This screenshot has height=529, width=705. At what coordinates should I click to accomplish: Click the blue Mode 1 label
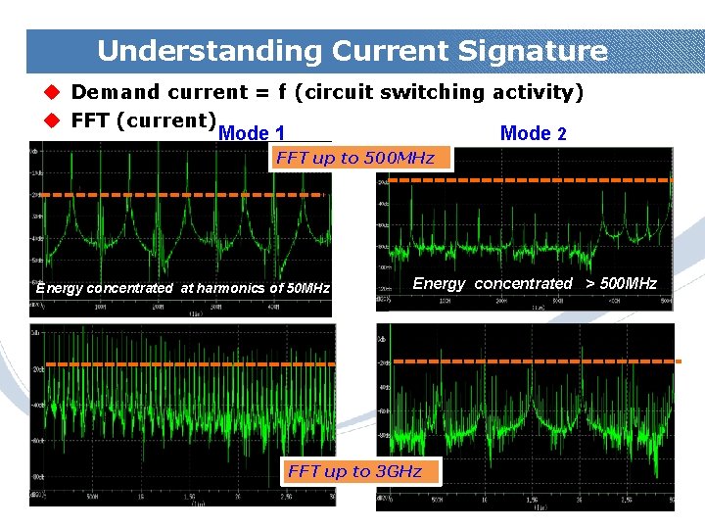pyautogui.click(x=252, y=134)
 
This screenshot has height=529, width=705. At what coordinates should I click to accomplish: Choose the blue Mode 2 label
pyautogui.click(x=533, y=134)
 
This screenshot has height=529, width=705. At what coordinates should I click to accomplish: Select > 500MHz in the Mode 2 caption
pyautogui.click(x=621, y=284)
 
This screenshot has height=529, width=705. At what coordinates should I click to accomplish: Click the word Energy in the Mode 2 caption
pyautogui.click(x=439, y=284)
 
